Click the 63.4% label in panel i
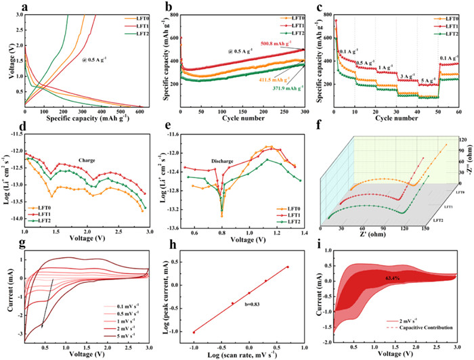pyautogui.click(x=393, y=277)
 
